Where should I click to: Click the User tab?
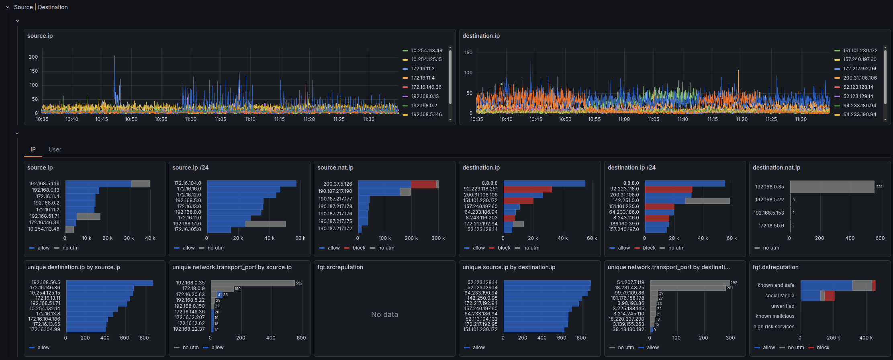coord(55,149)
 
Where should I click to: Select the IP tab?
coord(33,149)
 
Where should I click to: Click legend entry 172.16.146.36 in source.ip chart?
coord(426,87)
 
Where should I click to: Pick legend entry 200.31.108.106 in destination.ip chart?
coord(860,78)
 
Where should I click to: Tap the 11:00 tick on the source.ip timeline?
coord(191,119)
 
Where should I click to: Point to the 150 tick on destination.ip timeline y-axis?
coord(468,53)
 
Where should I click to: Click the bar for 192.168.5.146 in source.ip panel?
coord(98,184)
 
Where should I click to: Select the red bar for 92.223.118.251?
coord(527,189)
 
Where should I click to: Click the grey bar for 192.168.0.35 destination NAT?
coord(832,187)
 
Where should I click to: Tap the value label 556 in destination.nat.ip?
coord(879,187)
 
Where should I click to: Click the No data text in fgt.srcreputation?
coord(384,315)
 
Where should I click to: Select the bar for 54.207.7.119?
coord(689,283)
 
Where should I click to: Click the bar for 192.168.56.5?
coord(109,283)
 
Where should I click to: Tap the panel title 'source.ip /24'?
coord(190,168)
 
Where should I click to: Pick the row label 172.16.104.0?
coord(187,183)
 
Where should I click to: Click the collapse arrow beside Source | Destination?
coord(8,7)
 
